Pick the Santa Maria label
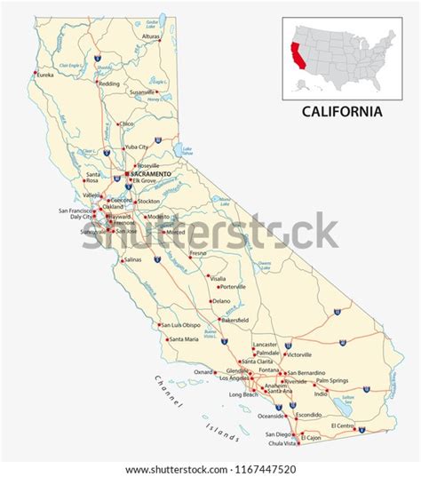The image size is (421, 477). (x=184, y=339)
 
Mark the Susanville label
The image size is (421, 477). (x=144, y=91)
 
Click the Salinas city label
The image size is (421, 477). (x=132, y=259)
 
